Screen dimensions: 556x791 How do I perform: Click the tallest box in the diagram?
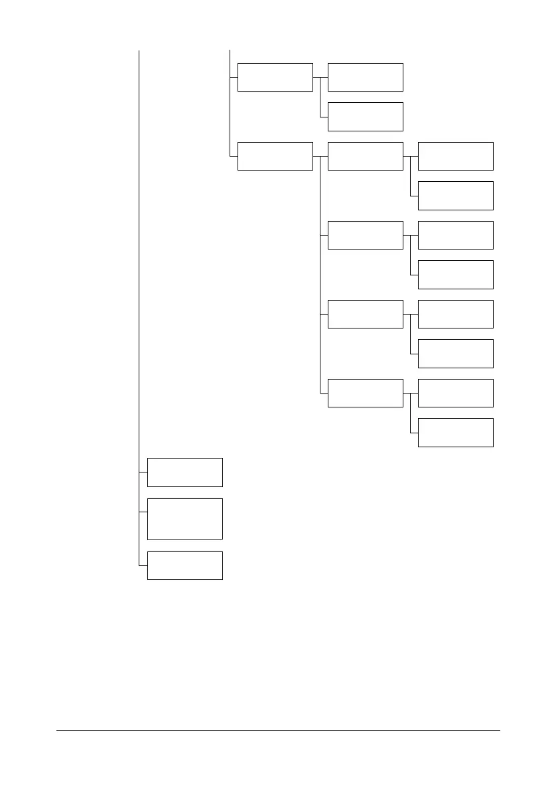click(184, 518)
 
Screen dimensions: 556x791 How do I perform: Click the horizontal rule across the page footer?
click(277, 731)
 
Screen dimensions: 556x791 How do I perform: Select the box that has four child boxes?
click(275, 156)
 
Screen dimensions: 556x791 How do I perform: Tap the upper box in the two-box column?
click(275, 77)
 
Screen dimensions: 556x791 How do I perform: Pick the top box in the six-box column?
click(365, 77)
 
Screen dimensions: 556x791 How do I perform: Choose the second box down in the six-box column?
click(365, 117)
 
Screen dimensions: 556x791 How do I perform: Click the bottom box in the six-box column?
click(365, 393)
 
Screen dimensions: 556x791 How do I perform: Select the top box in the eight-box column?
click(455, 156)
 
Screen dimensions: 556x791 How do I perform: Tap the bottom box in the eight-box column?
click(455, 432)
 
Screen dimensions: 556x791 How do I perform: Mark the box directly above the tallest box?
click(184, 472)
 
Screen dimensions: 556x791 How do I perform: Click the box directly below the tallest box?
click(184, 565)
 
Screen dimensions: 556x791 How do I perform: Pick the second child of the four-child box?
click(365, 235)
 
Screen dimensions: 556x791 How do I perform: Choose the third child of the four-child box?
click(365, 314)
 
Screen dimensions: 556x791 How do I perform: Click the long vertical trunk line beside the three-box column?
click(139, 265)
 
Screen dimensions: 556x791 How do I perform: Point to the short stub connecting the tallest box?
click(143, 512)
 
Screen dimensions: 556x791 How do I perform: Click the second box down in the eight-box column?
click(455, 195)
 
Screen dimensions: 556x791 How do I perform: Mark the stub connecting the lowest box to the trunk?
click(143, 565)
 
